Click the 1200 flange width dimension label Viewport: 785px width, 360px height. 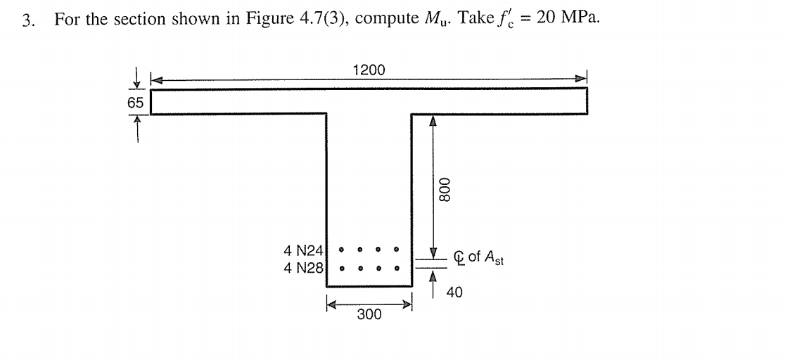369,70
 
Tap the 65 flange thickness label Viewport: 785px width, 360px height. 134,103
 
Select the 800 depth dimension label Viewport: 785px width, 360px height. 443,189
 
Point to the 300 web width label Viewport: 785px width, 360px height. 369,314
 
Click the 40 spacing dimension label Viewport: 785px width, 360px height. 454,291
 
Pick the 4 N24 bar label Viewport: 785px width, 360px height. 303,250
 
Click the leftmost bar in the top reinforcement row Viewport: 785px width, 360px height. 342,249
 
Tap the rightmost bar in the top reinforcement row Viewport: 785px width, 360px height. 396,249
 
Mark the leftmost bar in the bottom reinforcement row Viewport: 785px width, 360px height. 342,267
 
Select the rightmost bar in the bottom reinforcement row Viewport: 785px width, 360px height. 396,267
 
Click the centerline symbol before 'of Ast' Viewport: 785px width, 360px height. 461,258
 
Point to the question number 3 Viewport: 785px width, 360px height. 27,20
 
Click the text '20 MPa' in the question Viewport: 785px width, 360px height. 568,18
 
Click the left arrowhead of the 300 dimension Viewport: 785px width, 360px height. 331,304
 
